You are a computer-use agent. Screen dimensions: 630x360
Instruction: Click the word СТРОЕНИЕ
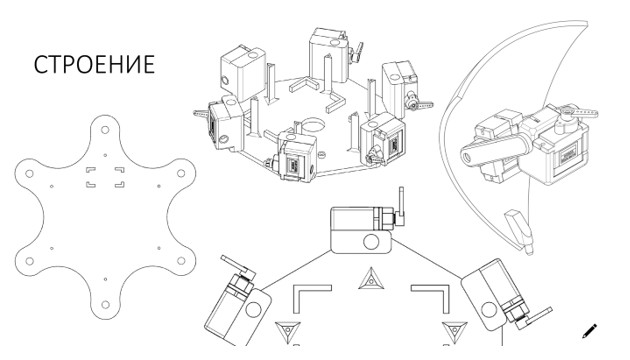click(x=94, y=64)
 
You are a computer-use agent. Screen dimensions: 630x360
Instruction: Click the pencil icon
click(x=589, y=331)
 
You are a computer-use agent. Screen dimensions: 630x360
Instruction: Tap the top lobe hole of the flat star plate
click(x=105, y=130)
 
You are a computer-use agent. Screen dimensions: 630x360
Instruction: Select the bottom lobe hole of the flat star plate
click(x=105, y=305)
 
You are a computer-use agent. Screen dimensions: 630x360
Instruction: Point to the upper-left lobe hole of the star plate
click(x=29, y=174)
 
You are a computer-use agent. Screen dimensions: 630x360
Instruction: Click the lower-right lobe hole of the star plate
click(x=181, y=261)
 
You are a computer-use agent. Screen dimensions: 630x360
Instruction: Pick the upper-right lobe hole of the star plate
click(x=181, y=173)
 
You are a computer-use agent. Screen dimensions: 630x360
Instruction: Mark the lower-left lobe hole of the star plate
click(x=29, y=261)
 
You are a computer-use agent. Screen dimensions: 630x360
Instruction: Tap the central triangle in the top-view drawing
click(x=371, y=280)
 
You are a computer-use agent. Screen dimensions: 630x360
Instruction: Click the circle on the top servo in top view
click(x=370, y=242)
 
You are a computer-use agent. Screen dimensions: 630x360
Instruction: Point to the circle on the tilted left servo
click(x=253, y=309)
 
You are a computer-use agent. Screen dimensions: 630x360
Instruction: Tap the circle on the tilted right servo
click(x=489, y=310)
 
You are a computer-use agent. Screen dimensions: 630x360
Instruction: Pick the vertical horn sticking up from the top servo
click(x=401, y=205)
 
